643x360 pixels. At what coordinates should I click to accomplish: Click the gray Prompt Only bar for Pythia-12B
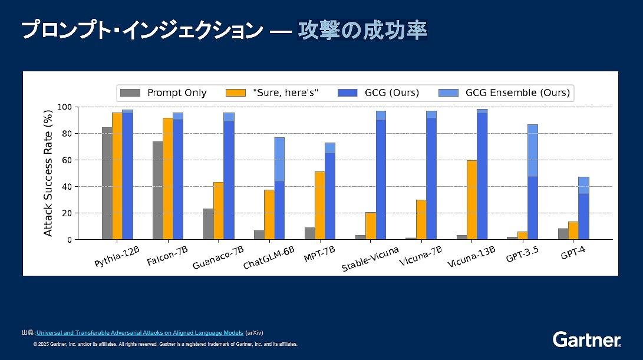click(107, 183)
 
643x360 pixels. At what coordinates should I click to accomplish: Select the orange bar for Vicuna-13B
click(471, 200)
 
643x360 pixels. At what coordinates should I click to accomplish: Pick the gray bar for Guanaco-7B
click(208, 224)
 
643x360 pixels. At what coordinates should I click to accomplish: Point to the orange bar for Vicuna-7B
click(421, 219)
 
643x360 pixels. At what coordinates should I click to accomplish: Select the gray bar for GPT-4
click(563, 234)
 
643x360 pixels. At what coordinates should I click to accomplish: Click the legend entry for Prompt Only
click(163, 93)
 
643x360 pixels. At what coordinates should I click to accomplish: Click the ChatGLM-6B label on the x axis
click(269, 257)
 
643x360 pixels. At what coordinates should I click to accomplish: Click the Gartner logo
click(586, 339)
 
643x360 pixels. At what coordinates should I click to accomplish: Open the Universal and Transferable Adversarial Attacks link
click(140, 333)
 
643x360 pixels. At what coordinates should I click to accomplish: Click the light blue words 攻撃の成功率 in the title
click(362, 31)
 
